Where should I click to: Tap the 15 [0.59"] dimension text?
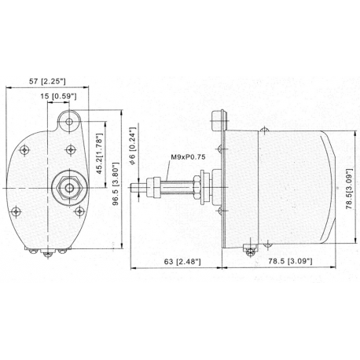pyautogui.click(x=59, y=97)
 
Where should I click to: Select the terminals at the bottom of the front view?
pyautogui.click(x=50, y=252)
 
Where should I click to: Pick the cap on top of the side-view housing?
pyautogui.click(x=219, y=119)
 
